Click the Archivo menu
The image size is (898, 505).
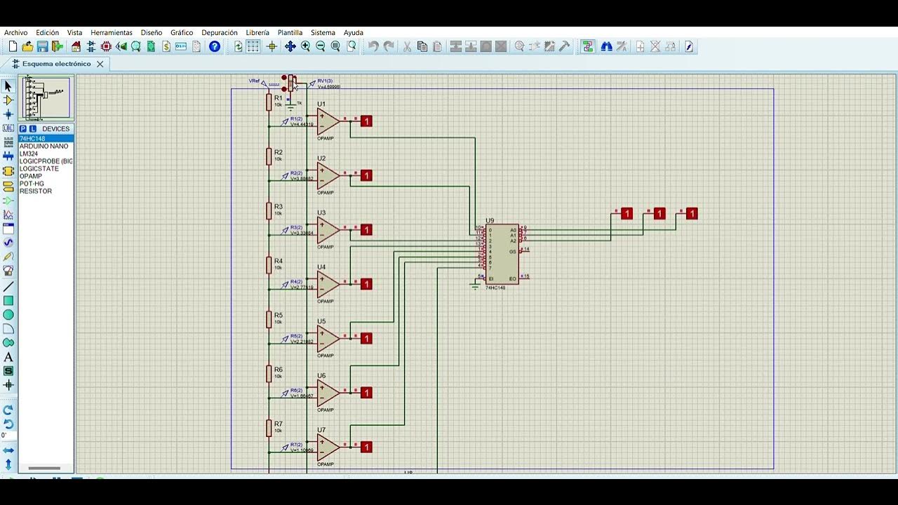[x=16, y=33]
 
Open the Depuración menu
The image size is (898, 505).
[x=219, y=33]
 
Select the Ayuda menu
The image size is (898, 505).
[x=354, y=33]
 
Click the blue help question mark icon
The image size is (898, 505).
[x=215, y=47]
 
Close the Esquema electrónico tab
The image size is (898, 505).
[x=100, y=64]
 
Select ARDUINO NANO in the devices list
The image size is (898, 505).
[x=43, y=147]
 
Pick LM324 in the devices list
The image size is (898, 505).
[x=29, y=154]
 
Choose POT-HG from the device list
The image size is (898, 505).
[x=32, y=184]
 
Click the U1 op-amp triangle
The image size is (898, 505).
[x=327, y=121]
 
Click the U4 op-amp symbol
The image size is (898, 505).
[x=327, y=284]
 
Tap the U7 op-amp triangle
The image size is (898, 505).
[x=327, y=447]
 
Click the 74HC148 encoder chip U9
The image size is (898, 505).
[x=502, y=254]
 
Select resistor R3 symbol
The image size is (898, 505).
[x=269, y=211]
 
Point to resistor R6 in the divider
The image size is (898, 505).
[x=269, y=374]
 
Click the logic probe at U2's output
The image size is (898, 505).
[x=366, y=175]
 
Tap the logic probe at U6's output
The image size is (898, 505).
[x=366, y=393]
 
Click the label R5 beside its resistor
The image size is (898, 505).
[x=279, y=316]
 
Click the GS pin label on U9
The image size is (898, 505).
[x=513, y=252]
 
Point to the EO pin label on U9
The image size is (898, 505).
[x=513, y=279]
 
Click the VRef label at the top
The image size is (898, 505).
[x=254, y=81]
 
